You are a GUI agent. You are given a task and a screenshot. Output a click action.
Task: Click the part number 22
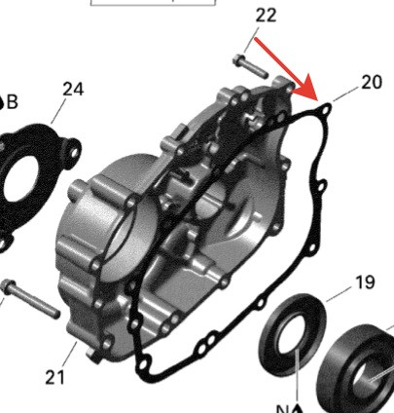click(266, 15)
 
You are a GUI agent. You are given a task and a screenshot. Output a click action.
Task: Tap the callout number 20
click(372, 82)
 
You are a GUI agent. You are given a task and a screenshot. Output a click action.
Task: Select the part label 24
click(73, 89)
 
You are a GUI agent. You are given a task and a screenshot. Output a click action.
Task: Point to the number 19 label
click(364, 283)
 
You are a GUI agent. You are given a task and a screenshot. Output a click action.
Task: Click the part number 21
click(54, 374)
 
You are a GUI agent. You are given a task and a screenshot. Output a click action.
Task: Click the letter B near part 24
click(14, 101)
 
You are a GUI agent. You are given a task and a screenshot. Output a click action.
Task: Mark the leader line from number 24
click(60, 111)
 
